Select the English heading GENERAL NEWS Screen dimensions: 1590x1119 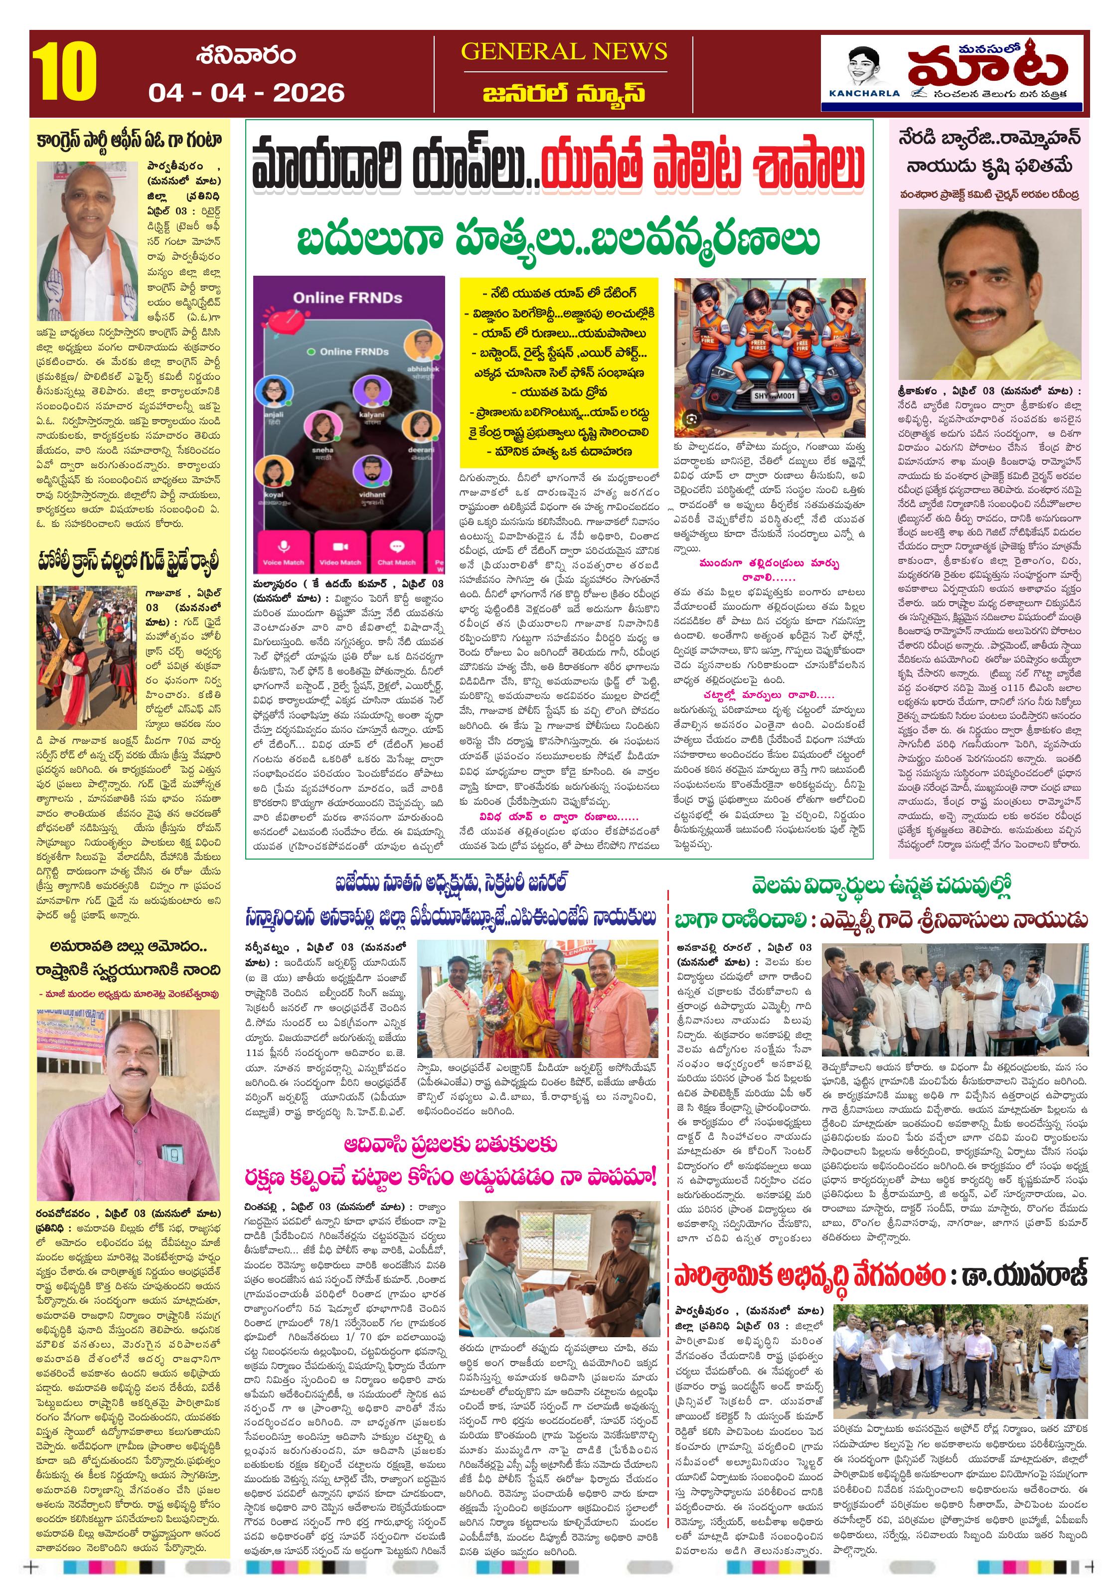coord(564,51)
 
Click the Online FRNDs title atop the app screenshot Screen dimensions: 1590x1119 coord(347,298)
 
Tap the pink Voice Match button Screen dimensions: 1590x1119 coord(283,552)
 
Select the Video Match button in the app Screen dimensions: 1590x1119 coord(340,552)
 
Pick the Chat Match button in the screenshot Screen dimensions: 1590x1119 coord(396,552)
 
